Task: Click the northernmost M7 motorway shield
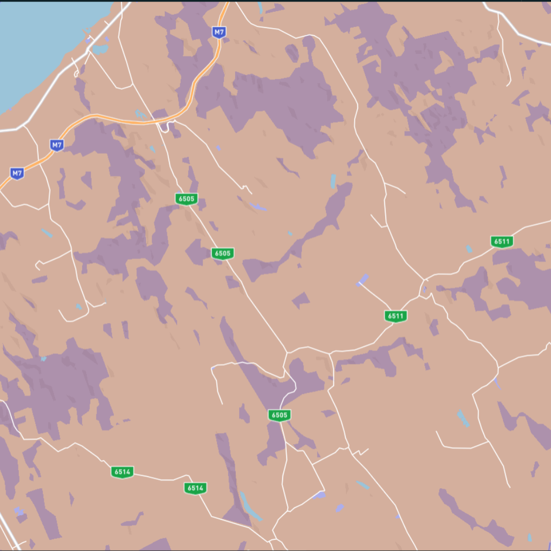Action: pos(219,32)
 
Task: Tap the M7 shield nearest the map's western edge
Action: pos(17,173)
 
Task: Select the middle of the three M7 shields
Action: pos(57,145)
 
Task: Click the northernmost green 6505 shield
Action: pos(186,199)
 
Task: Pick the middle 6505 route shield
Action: pos(222,253)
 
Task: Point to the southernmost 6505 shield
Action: pos(279,415)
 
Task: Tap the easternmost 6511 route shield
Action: pos(502,241)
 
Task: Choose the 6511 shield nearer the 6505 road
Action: pos(395,316)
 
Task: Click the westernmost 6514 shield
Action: pos(122,472)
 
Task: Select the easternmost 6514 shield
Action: pos(195,488)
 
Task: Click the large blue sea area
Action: pos(41,41)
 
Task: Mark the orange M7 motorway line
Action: pos(128,121)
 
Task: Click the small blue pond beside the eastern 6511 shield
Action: pos(469,249)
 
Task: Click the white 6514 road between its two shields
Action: pos(158,479)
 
